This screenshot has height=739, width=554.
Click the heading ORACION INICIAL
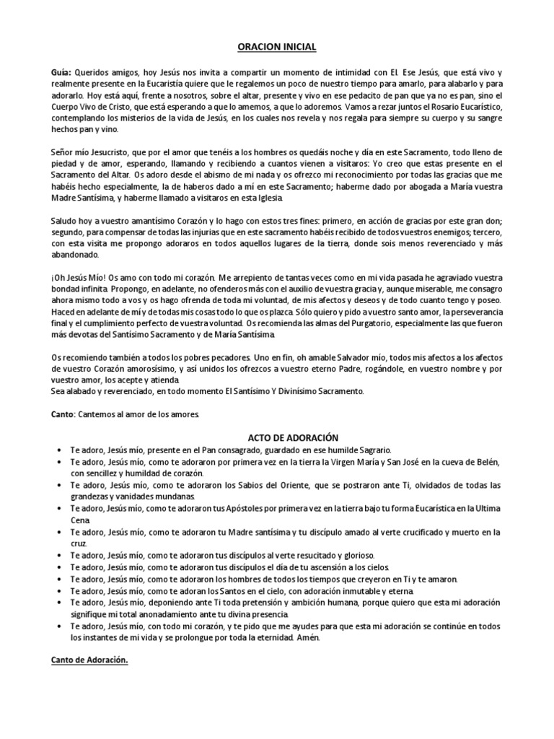(277, 48)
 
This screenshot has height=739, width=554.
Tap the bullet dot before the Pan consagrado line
(58, 450)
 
